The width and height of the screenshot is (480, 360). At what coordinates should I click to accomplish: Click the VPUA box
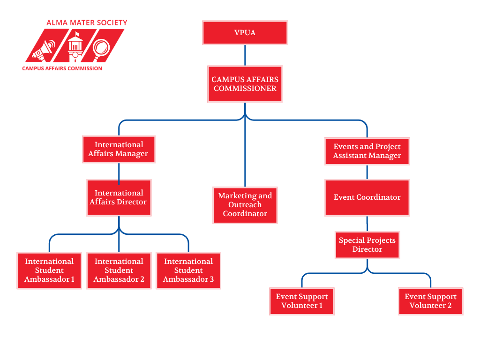[245, 33]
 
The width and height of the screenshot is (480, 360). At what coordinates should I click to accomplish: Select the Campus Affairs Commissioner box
[245, 84]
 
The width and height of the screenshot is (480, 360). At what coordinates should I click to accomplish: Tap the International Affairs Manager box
[119, 150]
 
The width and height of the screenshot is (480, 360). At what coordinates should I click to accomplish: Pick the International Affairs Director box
[119, 198]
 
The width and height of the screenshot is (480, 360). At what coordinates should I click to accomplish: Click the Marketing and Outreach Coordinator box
[245, 205]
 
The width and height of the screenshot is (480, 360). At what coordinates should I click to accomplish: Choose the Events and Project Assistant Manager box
[367, 151]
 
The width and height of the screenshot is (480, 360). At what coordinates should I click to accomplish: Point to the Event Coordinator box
[367, 198]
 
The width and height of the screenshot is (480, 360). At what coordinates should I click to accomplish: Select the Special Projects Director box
[367, 245]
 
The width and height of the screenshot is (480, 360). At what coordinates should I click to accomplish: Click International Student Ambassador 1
[49, 270]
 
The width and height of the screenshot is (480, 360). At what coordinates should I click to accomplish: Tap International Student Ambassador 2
[119, 270]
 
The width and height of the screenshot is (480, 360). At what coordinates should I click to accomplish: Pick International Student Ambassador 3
[188, 270]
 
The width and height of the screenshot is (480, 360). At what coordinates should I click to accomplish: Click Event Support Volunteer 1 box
[302, 301]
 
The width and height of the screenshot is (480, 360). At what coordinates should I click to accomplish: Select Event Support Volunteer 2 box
[430, 301]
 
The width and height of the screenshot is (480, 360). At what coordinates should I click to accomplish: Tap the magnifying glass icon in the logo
[101, 49]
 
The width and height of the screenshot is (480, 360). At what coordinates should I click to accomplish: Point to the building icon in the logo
[75, 46]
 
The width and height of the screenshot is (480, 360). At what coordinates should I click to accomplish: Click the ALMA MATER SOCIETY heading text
[87, 23]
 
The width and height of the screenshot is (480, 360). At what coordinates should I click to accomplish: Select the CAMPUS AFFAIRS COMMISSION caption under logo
[62, 68]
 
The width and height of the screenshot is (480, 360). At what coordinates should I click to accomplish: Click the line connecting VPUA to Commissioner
[245, 55]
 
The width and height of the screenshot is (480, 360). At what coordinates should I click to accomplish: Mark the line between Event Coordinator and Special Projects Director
[367, 224]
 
